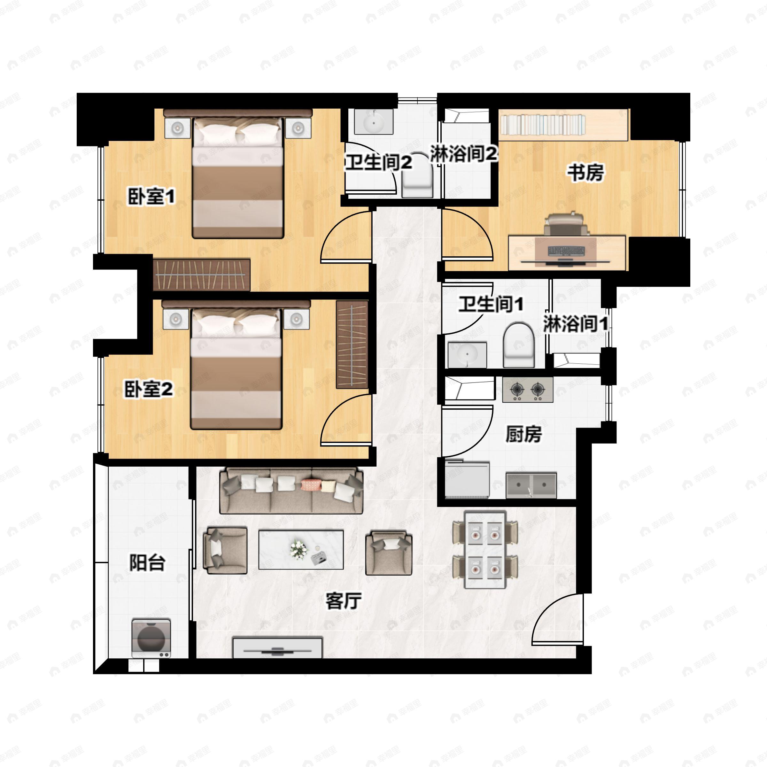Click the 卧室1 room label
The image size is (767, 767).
click(151, 197)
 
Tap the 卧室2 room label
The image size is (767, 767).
click(149, 389)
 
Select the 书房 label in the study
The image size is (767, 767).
click(585, 173)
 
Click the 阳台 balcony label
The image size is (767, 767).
click(147, 562)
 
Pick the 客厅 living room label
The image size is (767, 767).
click(344, 601)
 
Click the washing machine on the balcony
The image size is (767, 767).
click(151, 638)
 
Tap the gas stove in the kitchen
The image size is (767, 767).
click(527, 390)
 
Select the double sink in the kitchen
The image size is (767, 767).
click(531, 485)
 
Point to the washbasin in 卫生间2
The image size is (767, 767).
click(374, 122)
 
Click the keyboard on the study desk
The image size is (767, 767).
click(566, 251)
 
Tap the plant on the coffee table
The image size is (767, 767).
click(298, 549)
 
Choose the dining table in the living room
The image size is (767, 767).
click(485, 550)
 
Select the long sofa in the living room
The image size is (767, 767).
click(291, 491)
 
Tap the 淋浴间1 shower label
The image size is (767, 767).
click(575, 323)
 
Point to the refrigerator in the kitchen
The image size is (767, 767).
click(467, 479)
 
